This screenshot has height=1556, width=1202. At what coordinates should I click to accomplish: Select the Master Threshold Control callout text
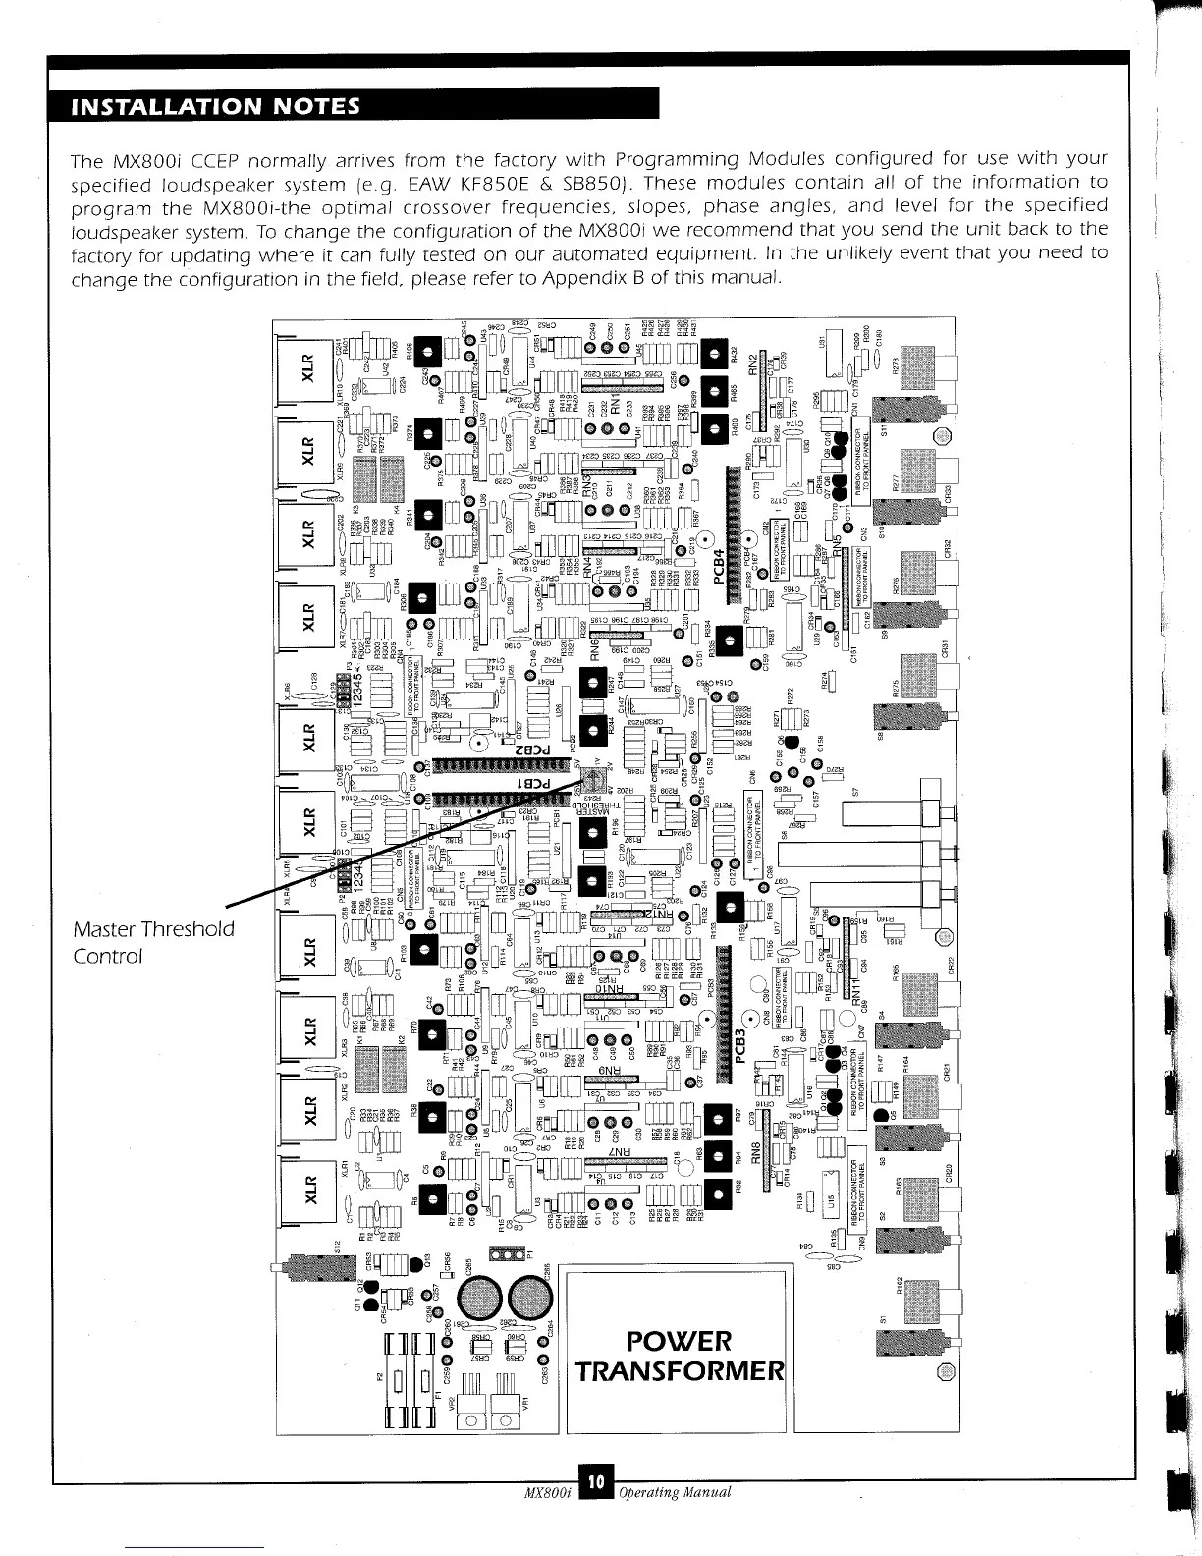click(x=153, y=941)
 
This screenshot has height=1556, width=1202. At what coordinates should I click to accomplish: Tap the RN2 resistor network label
click(x=754, y=365)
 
